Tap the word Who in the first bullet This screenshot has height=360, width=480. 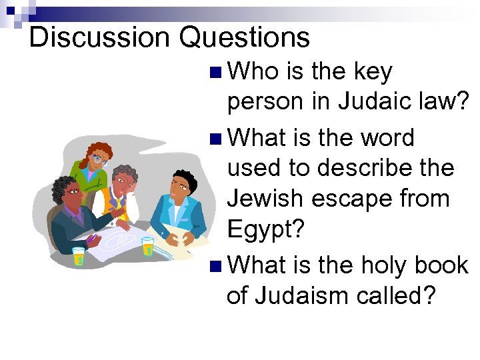tap(254, 72)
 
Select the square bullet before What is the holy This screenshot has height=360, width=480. tap(213, 266)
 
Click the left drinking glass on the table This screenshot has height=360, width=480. tap(79, 255)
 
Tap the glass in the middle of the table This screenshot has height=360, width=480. tap(147, 245)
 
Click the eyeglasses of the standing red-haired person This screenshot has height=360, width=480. tap(99, 159)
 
